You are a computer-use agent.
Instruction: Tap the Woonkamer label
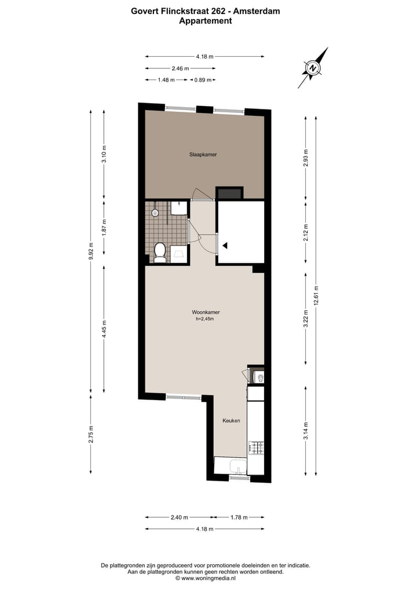click(x=206, y=312)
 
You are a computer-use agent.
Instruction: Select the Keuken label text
click(x=231, y=420)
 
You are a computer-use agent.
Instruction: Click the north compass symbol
click(x=313, y=68)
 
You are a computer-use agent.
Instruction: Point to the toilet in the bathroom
click(x=160, y=252)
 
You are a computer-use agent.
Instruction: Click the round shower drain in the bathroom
click(x=155, y=213)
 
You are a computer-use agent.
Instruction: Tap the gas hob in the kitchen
click(x=256, y=448)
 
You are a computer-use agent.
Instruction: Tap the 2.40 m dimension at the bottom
click(x=179, y=517)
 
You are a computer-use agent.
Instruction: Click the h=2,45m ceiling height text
click(x=206, y=319)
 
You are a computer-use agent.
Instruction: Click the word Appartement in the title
click(x=206, y=21)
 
